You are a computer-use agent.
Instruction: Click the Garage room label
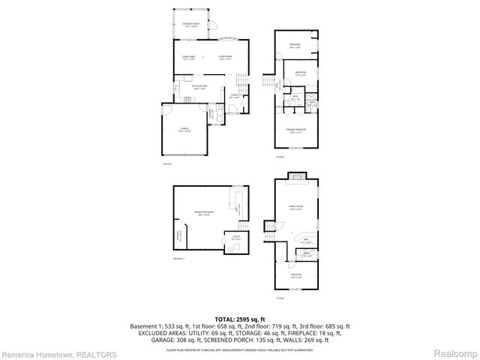tap(184, 130)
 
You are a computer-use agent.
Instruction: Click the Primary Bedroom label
tap(295, 130)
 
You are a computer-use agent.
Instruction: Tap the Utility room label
tap(234, 238)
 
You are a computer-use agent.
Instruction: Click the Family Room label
tap(295, 208)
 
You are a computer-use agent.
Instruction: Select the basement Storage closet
tap(178, 238)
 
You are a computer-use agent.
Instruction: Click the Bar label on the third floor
tap(304, 241)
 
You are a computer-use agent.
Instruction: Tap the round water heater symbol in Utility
tap(226, 242)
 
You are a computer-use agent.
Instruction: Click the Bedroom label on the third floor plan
tap(296, 275)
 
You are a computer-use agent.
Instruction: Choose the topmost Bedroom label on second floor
tap(295, 45)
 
